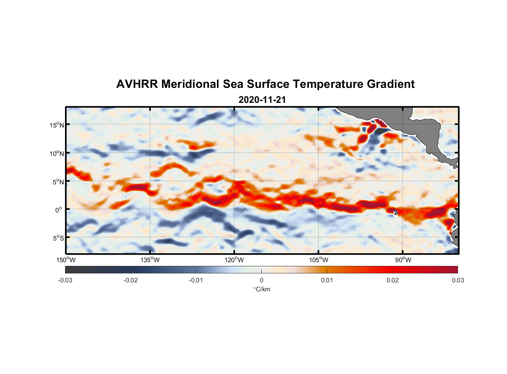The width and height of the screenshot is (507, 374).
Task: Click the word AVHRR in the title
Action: [x=137, y=84]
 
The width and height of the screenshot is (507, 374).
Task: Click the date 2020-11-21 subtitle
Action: [x=262, y=100]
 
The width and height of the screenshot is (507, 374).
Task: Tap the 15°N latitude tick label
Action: [x=57, y=125]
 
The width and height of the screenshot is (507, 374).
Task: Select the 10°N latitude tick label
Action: [x=57, y=153]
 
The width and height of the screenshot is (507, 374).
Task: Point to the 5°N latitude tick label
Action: [x=58, y=182]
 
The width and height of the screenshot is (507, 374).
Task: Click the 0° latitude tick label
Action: [x=59, y=210]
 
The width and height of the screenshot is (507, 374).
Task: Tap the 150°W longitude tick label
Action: [x=66, y=260]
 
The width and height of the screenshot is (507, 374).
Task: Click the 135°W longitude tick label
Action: [x=150, y=260]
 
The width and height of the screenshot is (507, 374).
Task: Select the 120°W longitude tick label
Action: [x=234, y=260]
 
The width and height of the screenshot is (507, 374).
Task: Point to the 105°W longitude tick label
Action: [x=319, y=260]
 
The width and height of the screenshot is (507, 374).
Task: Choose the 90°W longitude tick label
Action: [x=403, y=260]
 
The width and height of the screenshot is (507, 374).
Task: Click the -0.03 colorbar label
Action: [x=65, y=280]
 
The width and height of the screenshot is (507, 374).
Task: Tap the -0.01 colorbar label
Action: [x=196, y=280]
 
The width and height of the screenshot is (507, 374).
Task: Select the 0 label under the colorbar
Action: [x=261, y=280]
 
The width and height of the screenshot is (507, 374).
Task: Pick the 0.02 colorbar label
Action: [x=393, y=280]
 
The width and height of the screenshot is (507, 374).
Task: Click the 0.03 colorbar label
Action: [x=458, y=280]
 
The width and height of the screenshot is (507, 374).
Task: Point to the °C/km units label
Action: [x=261, y=289]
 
